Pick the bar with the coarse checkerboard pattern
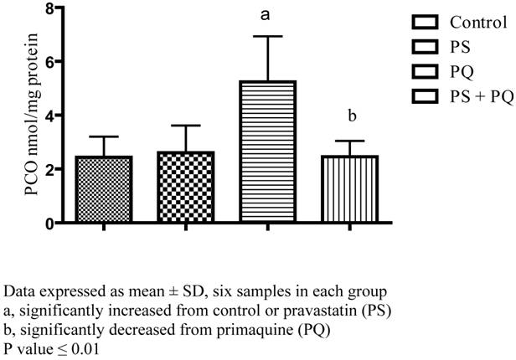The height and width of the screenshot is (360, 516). [186, 187]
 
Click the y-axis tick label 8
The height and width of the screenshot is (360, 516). [49, 8]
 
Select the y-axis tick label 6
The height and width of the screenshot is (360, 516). [49, 62]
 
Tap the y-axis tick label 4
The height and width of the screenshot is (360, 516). [49, 116]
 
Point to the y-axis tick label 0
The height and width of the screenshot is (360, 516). [49, 223]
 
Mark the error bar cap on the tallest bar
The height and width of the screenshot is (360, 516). [269, 36]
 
